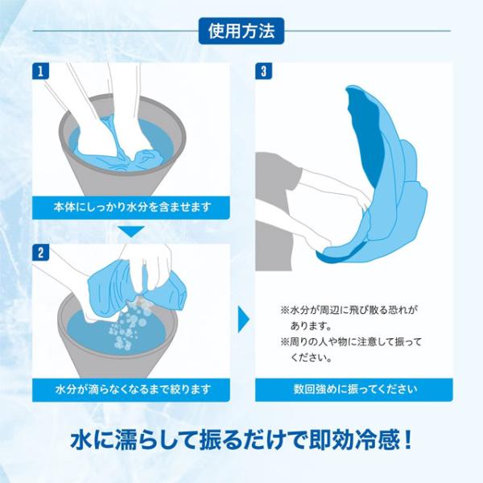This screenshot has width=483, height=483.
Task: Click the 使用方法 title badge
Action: point(242,31)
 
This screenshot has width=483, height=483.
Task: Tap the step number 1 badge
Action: point(41,71)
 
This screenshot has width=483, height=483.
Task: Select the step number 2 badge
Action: point(41,253)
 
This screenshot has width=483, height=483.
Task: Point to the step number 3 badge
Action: point(264,71)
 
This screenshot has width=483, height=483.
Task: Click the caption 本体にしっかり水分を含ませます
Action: point(132,207)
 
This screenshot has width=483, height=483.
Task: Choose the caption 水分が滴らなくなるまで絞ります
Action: point(133,390)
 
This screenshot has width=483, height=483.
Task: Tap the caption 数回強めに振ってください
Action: point(355,389)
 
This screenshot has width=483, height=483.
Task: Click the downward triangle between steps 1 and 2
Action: point(131,231)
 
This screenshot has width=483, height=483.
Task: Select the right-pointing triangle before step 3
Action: point(243,319)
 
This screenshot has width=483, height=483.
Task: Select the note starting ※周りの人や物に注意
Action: point(350,350)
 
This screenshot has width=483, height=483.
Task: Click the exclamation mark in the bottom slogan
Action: point(407,440)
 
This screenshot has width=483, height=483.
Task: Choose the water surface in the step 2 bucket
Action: point(117,332)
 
